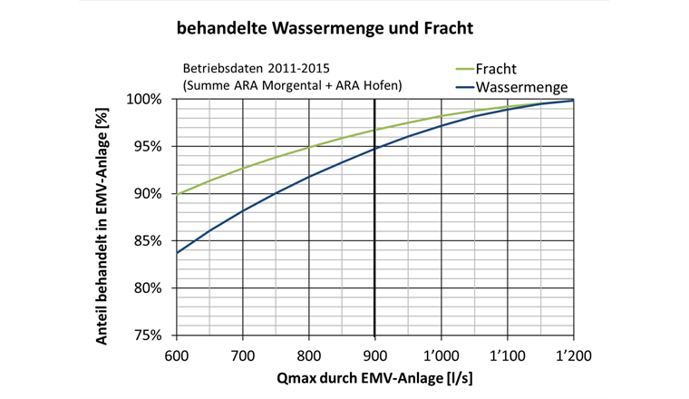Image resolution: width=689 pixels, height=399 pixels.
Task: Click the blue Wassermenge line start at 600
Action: [x=177, y=252]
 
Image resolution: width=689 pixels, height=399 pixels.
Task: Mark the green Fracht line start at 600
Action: [x=177, y=194]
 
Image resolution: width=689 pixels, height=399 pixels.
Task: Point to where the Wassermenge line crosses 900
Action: [x=374, y=148]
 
